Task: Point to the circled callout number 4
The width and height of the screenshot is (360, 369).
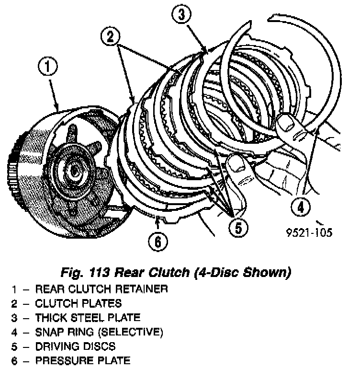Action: pos(301,208)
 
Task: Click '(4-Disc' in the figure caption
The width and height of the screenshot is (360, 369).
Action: pos(217,273)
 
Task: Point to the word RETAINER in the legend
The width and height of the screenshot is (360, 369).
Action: pos(145,289)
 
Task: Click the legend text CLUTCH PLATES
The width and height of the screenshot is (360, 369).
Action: pos(79,303)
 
